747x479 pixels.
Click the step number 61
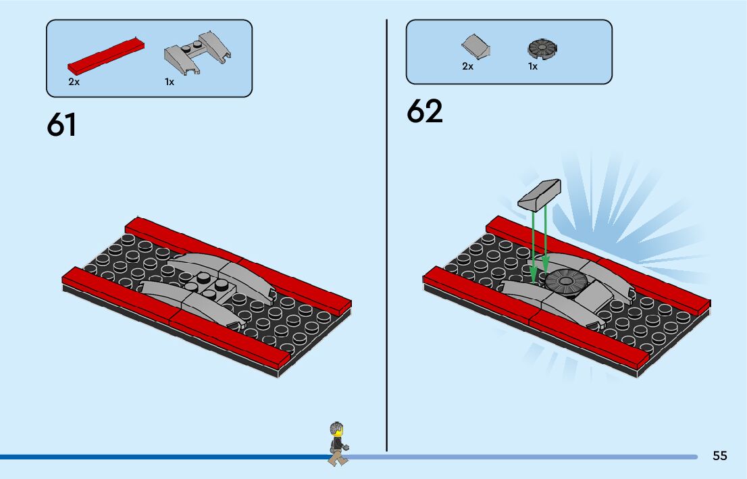pos(61,125)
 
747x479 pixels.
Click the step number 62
pos(424,111)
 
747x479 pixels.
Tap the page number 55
pos(719,455)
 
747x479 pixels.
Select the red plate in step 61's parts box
pos(106,55)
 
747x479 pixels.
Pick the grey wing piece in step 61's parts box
pos(197,53)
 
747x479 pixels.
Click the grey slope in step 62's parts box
pos(475,48)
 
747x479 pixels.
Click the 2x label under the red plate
pos(74,82)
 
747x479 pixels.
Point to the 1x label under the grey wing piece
pos(169,82)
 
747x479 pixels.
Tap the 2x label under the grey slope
pos(467,66)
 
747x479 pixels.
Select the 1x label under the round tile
pos(533,66)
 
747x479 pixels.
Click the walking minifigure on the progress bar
pos(338,443)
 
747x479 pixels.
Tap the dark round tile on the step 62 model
pos(560,279)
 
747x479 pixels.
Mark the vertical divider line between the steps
pos(386,236)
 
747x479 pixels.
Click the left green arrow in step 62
pos(533,243)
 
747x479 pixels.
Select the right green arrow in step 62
pos(546,240)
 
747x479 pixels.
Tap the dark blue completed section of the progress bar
pos(162,457)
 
